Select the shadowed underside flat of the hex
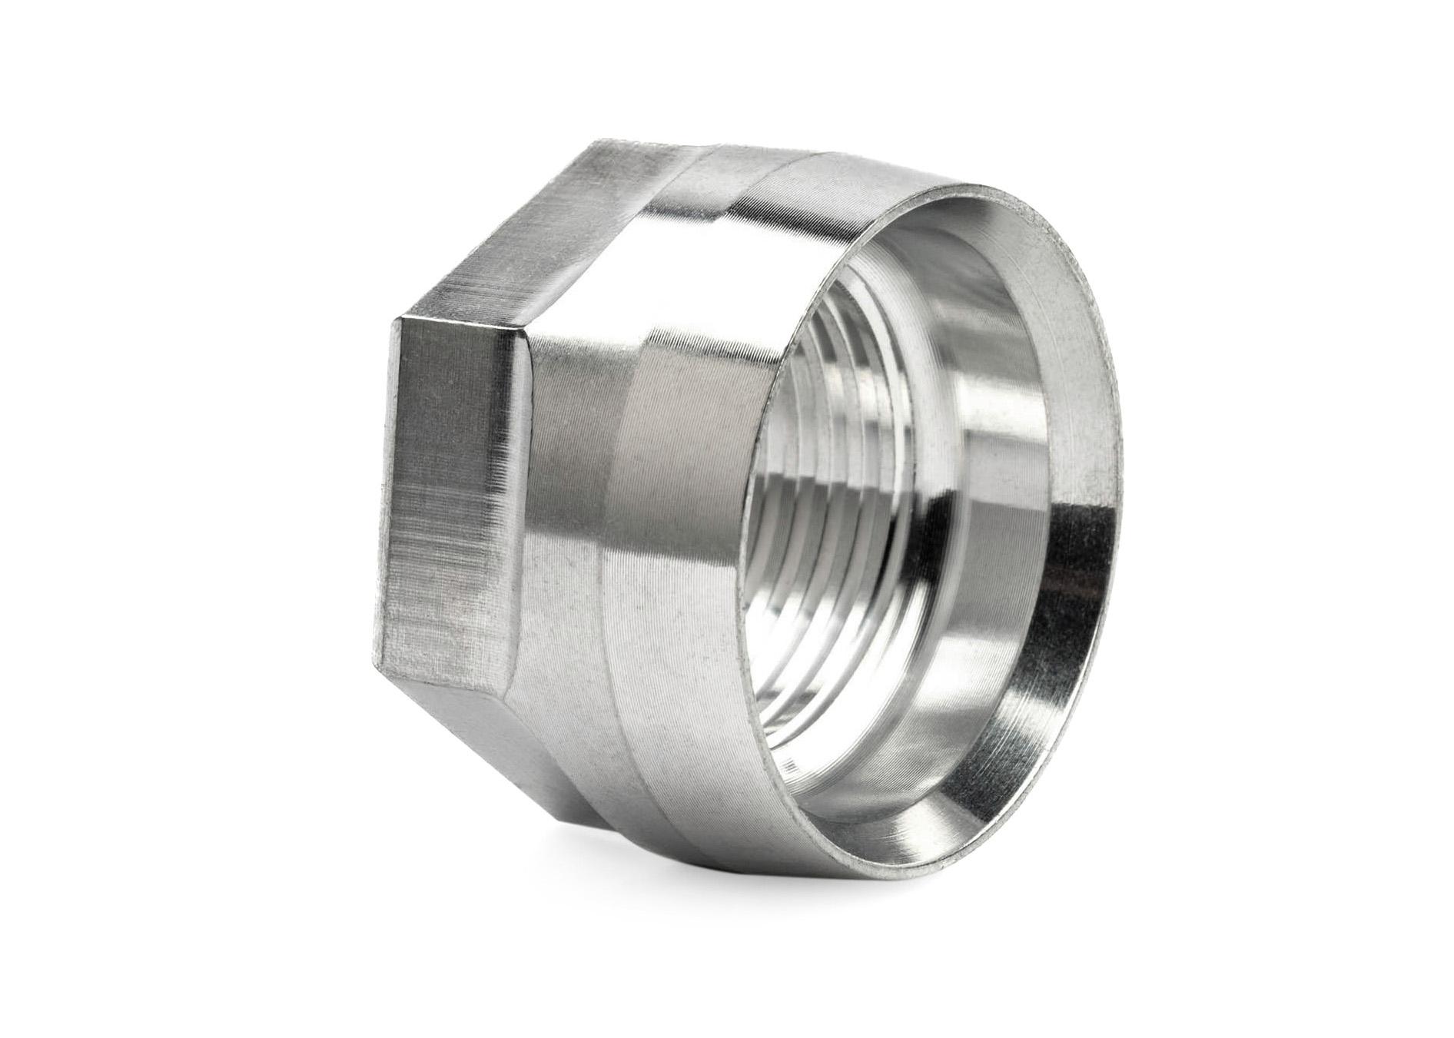[x=476, y=738]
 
